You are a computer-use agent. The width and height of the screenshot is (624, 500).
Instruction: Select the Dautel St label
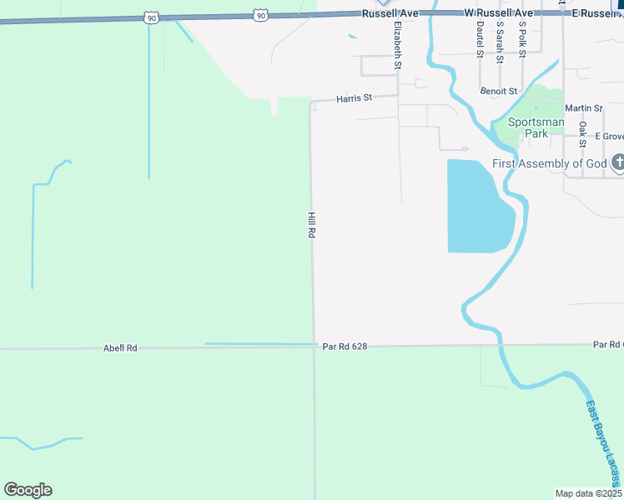(x=480, y=40)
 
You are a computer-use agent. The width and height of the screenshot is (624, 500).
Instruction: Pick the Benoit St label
(x=499, y=91)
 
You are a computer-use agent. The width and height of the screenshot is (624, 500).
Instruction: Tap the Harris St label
(x=354, y=98)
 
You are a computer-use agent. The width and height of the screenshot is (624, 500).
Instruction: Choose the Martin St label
(x=583, y=108)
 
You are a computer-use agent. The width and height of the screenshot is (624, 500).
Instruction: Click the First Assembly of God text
(x=549, y=163)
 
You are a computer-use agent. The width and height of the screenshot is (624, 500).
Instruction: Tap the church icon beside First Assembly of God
(x=618, y=162)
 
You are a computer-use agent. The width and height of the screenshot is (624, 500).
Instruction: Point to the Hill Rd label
(x=311, y=226)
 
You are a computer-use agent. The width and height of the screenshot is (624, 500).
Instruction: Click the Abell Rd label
(x=120, y=348)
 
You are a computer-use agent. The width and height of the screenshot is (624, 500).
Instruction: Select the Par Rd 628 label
(x=345, y=347)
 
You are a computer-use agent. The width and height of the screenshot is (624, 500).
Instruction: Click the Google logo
(x=28, y=490)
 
